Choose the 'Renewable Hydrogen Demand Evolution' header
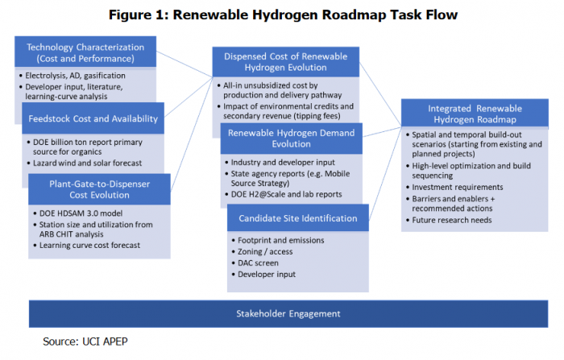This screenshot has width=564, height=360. pos(293,138)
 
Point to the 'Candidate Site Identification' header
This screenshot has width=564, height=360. pos(297,218)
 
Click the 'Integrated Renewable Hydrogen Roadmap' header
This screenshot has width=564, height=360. pos(468,114)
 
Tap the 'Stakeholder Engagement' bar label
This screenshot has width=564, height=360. pos(283,312)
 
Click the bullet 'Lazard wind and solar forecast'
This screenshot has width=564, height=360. pos(93,162)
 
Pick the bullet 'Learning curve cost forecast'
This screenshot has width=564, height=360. pos(90,245)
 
